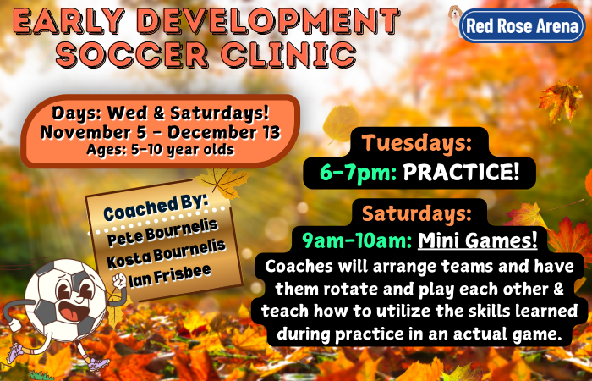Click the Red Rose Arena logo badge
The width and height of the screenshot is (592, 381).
tap(523, 25)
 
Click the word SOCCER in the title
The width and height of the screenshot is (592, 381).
tap(131, 54)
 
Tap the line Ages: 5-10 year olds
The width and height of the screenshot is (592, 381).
tap(161, 150)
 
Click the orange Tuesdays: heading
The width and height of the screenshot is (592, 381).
tap(417, 143)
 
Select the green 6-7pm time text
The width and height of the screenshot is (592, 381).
tap(358, 173)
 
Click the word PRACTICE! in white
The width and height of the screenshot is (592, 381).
tap(461, 173)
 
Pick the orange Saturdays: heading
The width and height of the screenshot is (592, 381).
tap(417, 214)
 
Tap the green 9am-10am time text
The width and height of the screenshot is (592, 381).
tap(357, 240)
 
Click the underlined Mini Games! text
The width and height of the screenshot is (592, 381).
tap(477, 240)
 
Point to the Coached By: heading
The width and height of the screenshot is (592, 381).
tap(156, 207)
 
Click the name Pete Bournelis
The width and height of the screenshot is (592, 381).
tap(162, 232)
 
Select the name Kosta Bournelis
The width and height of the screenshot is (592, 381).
tap(166, 254)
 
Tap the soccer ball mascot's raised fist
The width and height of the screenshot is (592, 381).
tap(120, 281)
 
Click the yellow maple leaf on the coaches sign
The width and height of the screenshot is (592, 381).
tap(223, 181)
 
